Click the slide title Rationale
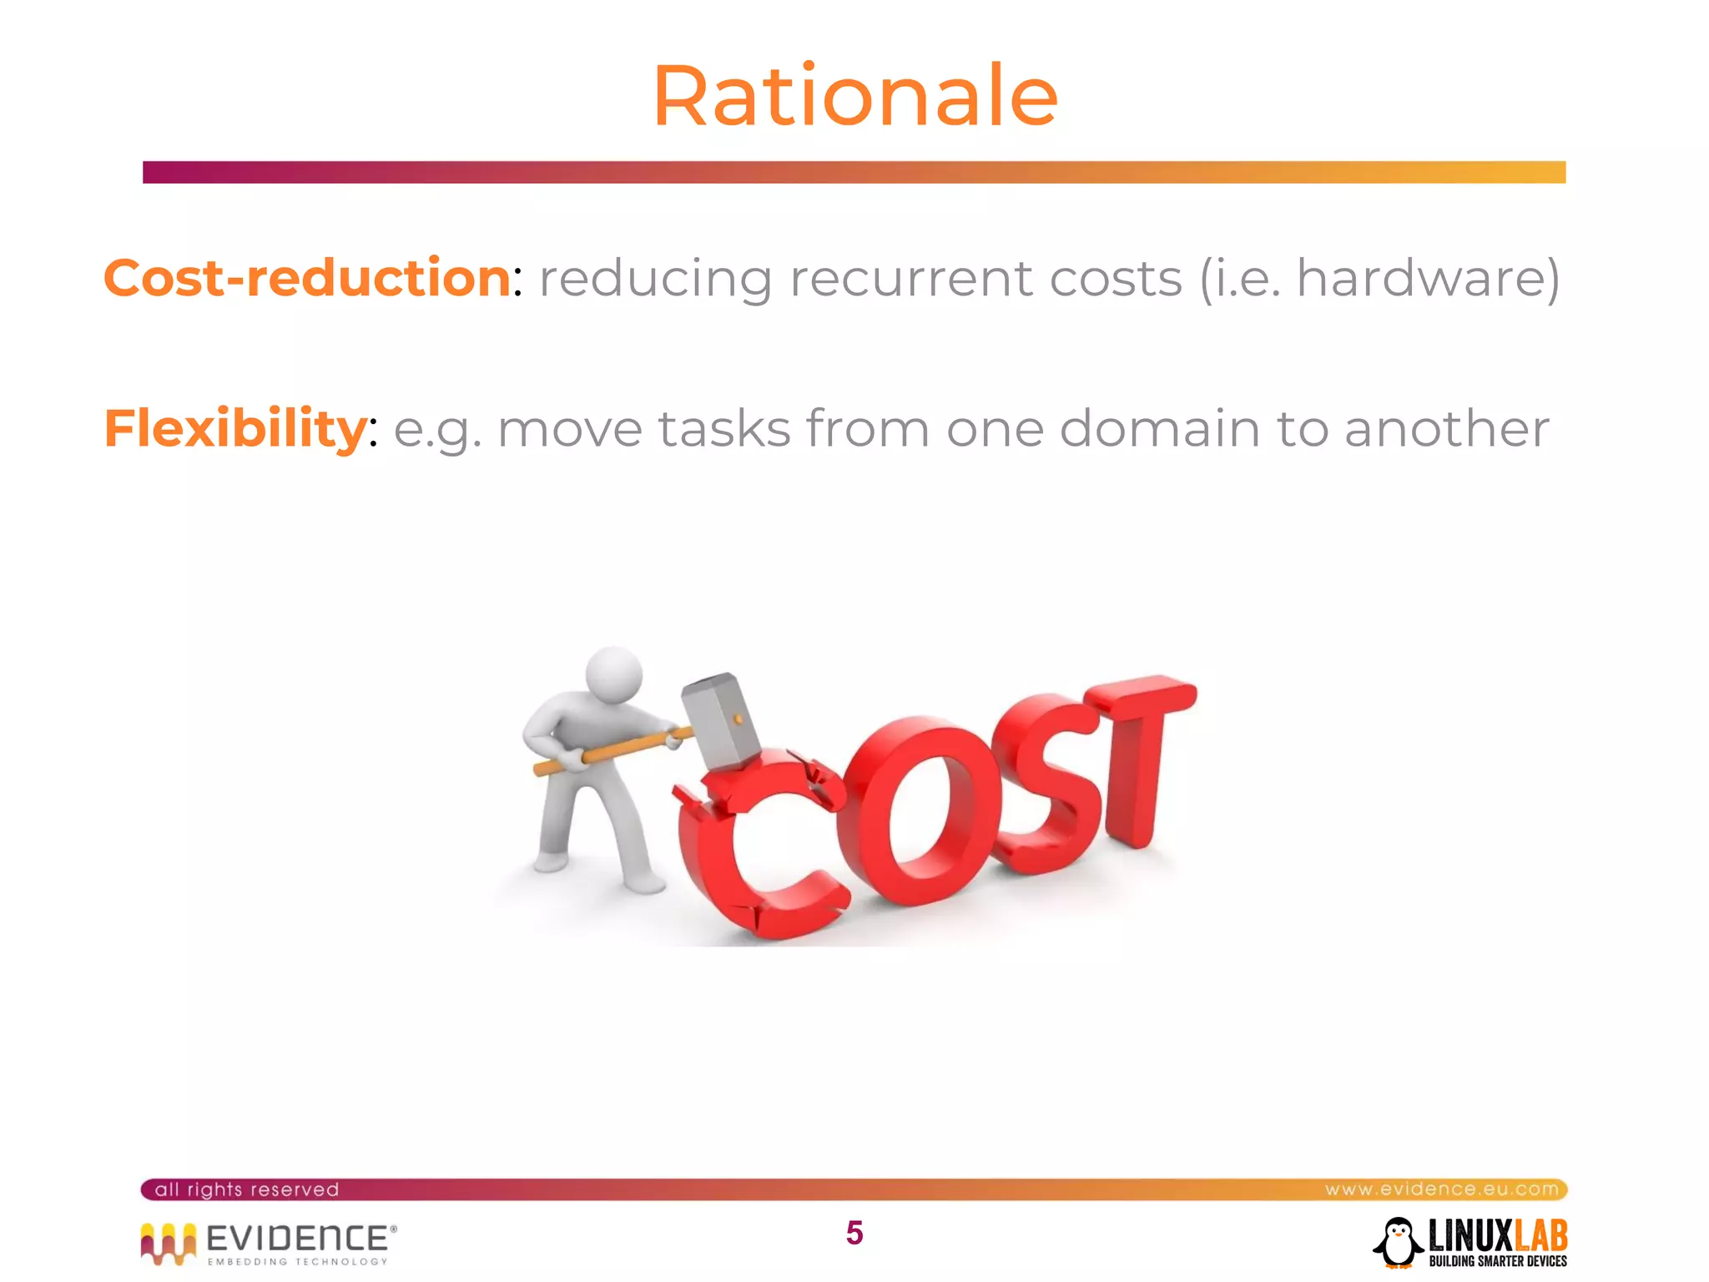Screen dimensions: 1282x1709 pos(854,97)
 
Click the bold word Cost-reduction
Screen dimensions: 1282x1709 pos(306,278)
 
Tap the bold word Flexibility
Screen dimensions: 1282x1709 pos(234,429)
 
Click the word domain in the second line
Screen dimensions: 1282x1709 pos(1159,429)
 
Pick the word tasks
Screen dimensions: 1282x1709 pos(723,429)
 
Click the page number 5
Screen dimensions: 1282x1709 pos(854,1233)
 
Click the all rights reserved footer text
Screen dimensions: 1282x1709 pos(247,1189)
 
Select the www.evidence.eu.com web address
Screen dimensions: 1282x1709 pos(1441,1189)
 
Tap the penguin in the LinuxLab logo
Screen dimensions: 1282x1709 pos(1399,1243)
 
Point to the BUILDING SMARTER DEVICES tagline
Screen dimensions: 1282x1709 pos(1497,1261)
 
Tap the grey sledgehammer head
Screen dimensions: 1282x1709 pos(720,719)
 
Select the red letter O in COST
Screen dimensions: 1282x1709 pos(918,810)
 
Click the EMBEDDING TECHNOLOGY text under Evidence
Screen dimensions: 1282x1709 pos(297,1262)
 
